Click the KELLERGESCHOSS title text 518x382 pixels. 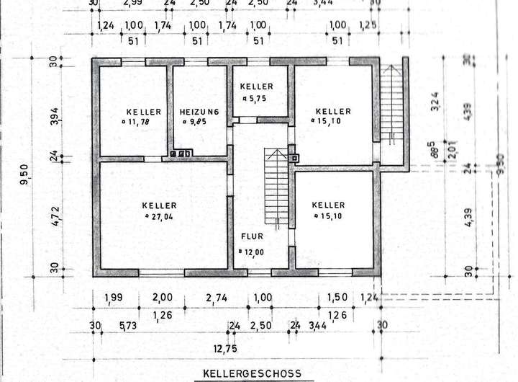click(x=248, y=374)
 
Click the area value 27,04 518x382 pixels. click(x=160, y=215)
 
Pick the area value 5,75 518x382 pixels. click(x=257, y=97)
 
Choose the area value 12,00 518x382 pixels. click(x=253, y=252)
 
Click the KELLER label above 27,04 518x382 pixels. click(x=159, y=205)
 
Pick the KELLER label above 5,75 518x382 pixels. click(x=257, y=86)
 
